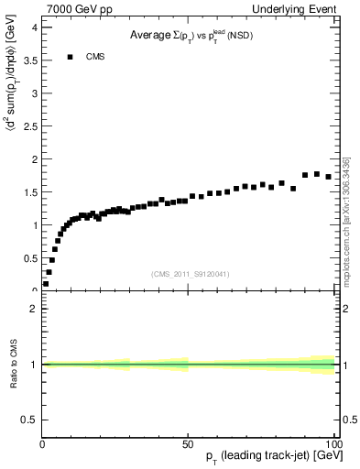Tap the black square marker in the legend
pyautogui.click(x=70, y=57)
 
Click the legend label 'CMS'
pyautogui.click(x=95, y=57)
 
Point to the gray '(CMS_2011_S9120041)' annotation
pyautogui.click(x=190, y=274)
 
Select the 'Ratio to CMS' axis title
pyautogui.click(x=13, y=365)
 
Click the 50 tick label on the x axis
pyautogui.click(x=188, y=442)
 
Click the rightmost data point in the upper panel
pyautogui.click(x=328, y=176)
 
